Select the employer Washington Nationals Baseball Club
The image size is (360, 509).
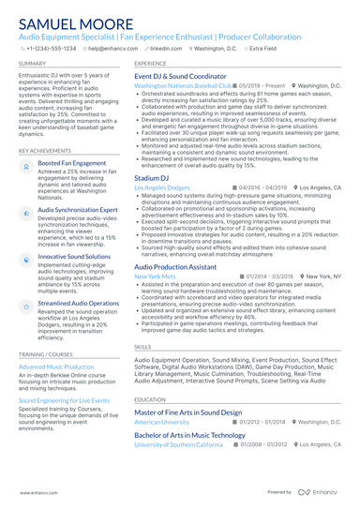[x=182, y=85]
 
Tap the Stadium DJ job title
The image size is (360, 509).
[x=152, y=177]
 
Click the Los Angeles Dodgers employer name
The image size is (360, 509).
[x=162, y=187]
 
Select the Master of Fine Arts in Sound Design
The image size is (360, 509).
[x=187, y=412]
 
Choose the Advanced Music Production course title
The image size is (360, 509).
[x=56, y=367]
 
